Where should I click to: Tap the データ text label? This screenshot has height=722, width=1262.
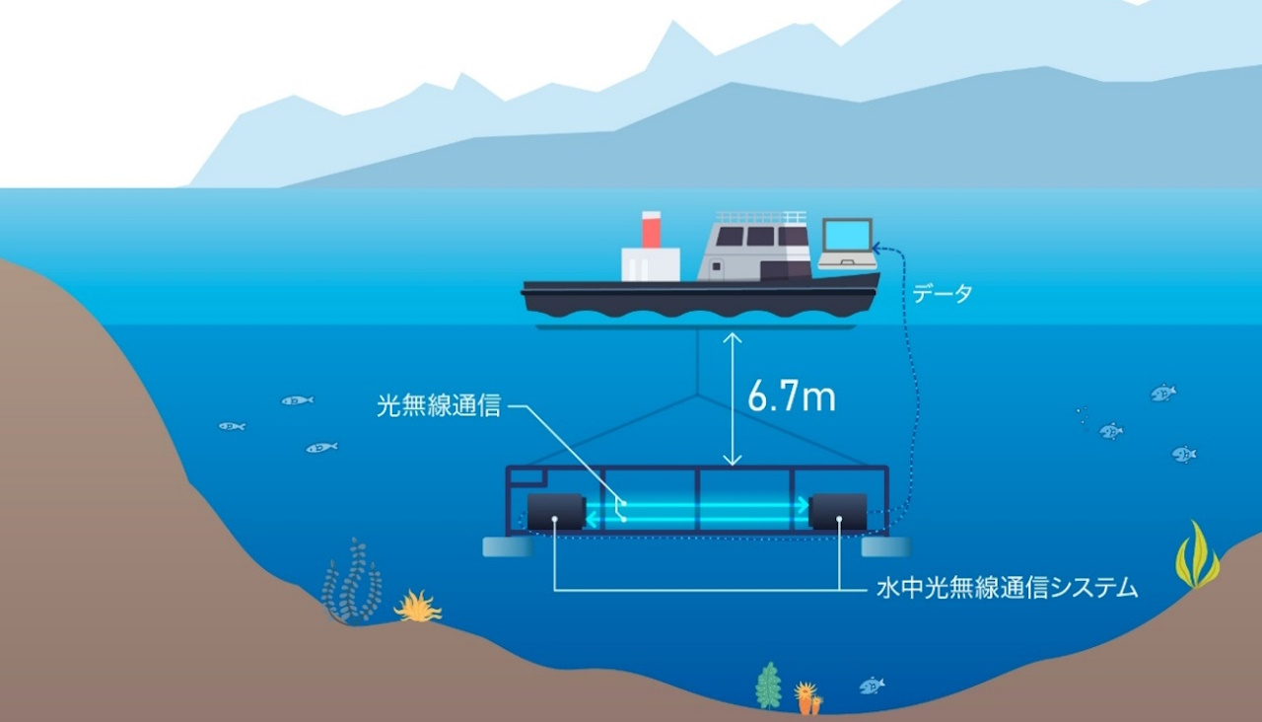coord(942,293)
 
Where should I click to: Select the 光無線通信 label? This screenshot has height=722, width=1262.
coord(438,405)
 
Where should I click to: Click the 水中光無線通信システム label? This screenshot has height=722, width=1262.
coord(1007,590)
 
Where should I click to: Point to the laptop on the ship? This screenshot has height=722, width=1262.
coord(847,244)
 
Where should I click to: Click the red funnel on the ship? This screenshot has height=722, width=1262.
coord(651,230)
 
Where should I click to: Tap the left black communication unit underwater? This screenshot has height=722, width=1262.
coord(556,512)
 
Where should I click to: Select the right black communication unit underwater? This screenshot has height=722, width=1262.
coord(838,512)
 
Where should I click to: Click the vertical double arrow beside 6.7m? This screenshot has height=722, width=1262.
coord(731,398)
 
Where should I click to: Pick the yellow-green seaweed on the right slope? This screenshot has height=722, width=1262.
coord(1197,556)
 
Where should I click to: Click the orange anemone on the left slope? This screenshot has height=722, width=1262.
coord(418,607)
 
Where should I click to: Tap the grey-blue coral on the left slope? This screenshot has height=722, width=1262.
coord(352,583)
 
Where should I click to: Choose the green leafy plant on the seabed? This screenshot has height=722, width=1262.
coord(768,686)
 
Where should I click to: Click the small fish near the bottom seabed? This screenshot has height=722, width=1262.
coord(872,685)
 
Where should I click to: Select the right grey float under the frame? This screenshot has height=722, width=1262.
coord(886,546)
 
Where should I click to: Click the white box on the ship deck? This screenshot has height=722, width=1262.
coord(650,264)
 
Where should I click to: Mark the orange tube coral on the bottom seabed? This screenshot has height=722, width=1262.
coord(808,698)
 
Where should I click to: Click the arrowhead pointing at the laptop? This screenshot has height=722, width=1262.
coord(877,250)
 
